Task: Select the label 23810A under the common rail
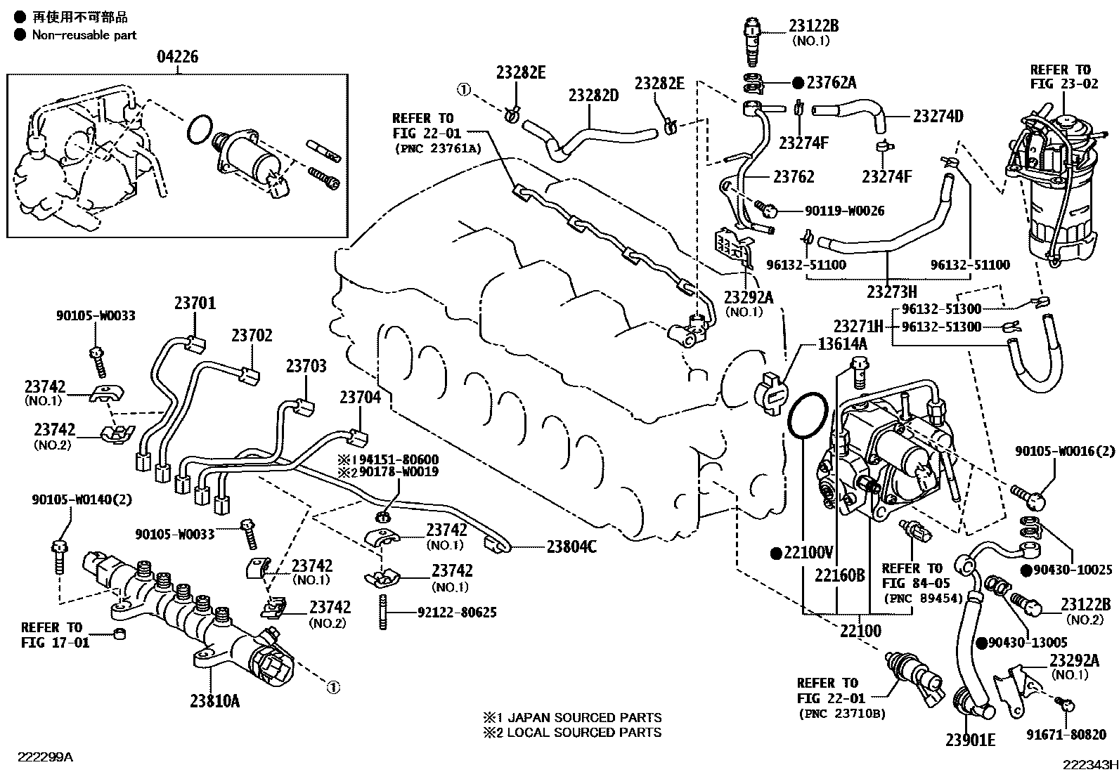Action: [214, 700]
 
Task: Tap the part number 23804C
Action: [571, 546]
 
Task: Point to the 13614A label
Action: [842, 344]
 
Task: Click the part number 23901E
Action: [971, 740]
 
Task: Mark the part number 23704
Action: [361, 398]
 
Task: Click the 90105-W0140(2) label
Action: [82, 500]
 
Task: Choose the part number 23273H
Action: [891, 291]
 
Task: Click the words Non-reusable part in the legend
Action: [84, 34]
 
